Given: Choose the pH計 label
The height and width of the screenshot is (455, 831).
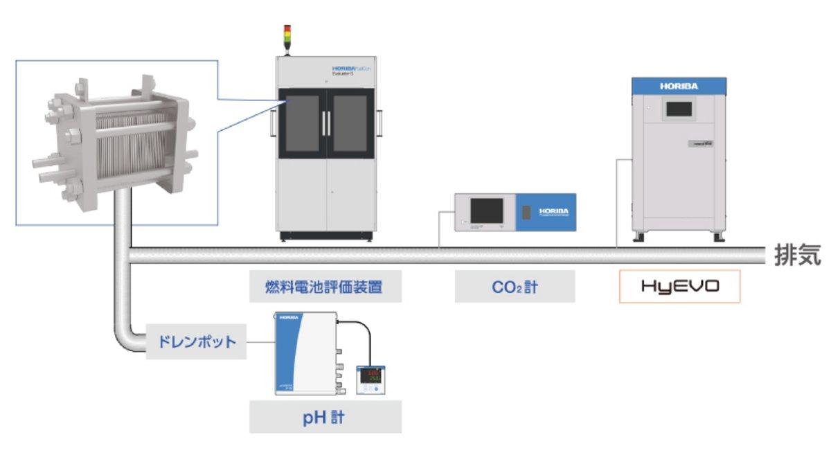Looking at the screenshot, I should [x=325, y=418].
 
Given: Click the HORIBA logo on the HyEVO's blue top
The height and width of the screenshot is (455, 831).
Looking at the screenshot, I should [x=679, y=87].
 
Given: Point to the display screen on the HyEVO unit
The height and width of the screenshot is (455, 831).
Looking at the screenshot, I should [x=678, y=109].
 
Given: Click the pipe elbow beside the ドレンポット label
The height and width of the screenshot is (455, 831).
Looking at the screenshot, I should [x=127, y=337].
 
